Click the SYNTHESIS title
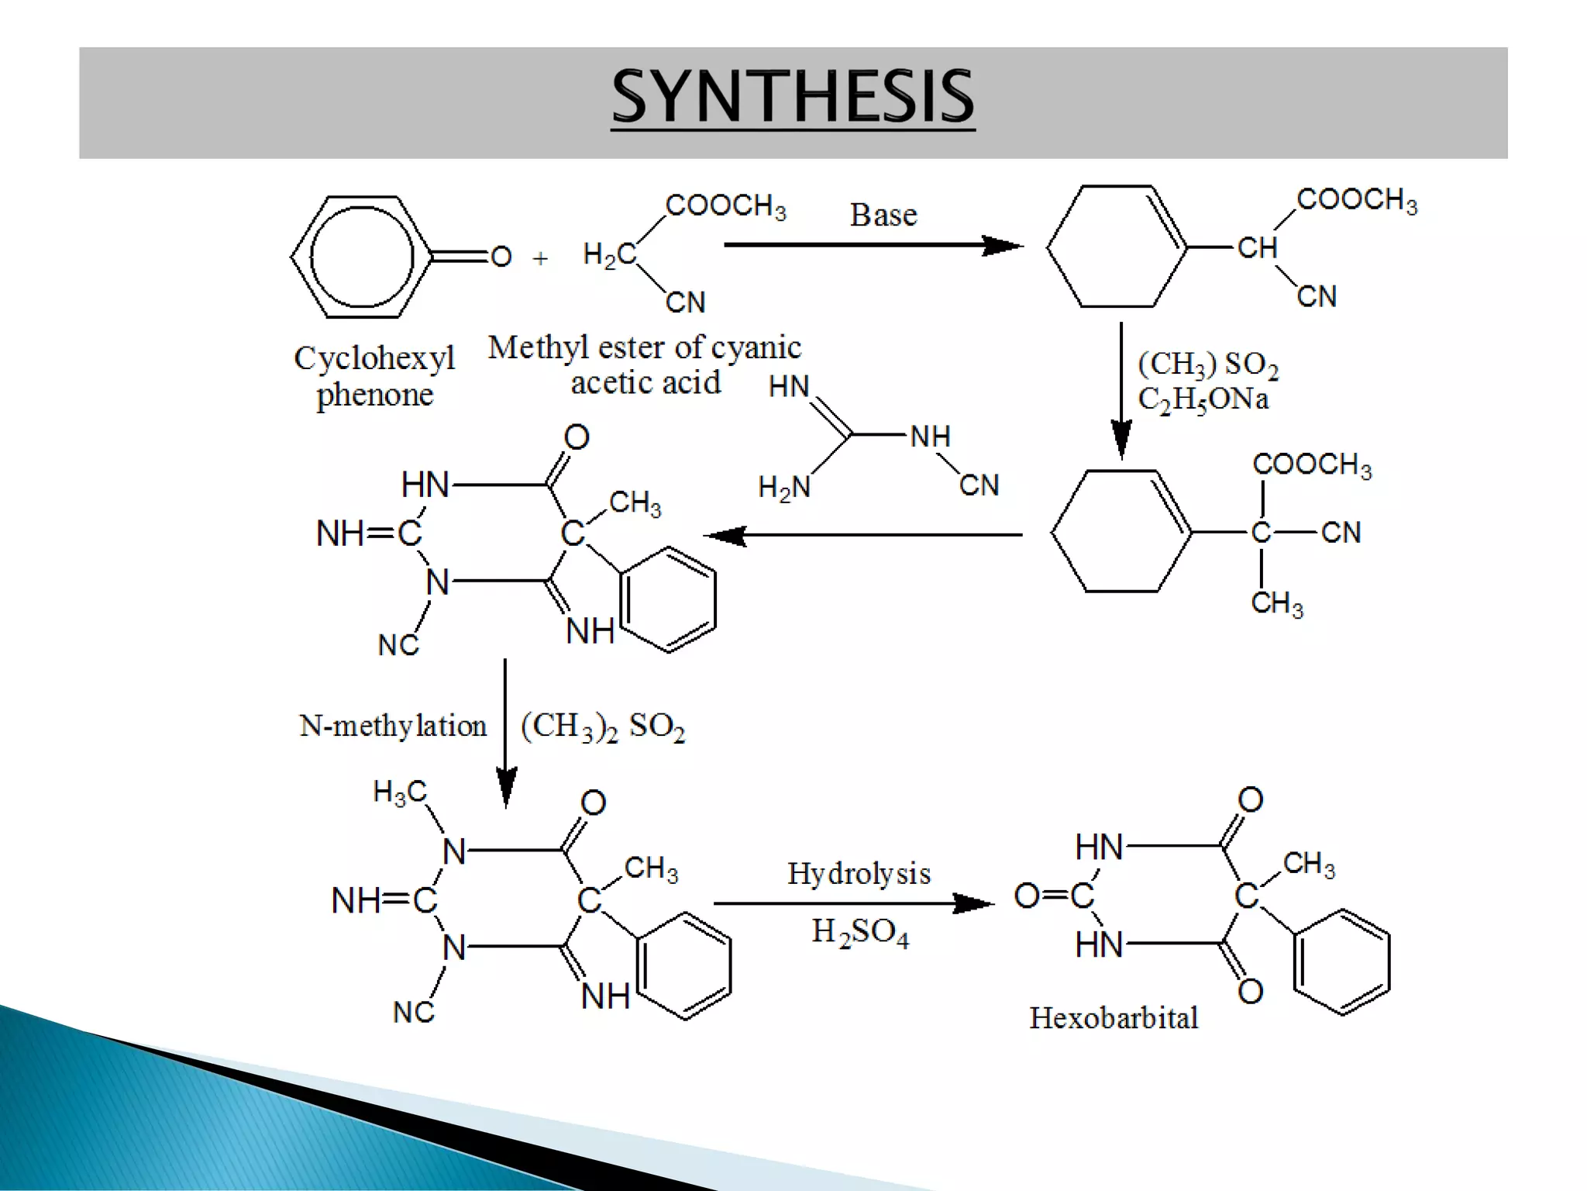tap(793, 96)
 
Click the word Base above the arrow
tap(883, 215)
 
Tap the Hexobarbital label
tap(1114, 1017)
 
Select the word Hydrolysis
tap(859, 874)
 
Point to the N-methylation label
tap(393, 726)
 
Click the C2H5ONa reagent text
tap(1203, 400)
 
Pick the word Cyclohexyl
tap(374, 358)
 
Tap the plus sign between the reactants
tap(540, 257)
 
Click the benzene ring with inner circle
tap(361, 257)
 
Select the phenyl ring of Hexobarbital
tap(1341, 962)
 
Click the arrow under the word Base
tap(873, 246)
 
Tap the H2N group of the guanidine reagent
tap(784, 487)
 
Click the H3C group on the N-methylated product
tap(400, 792)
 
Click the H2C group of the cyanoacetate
tap(609, 254)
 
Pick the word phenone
tap(375, 395)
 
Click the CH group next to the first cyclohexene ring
tap(1256, 248)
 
